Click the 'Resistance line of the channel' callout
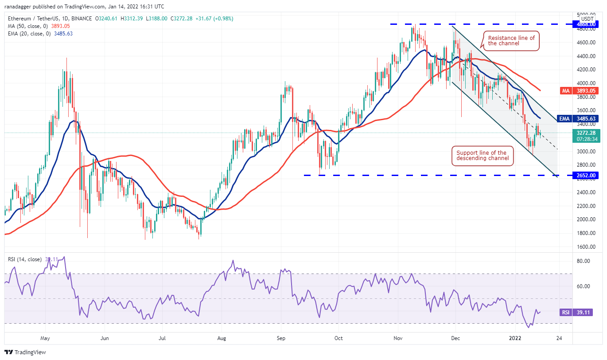[x=511, y=40]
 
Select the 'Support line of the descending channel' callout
[x=481, y=156]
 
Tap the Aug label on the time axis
[x=222, y=338]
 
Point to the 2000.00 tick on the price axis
[x=586, y=219]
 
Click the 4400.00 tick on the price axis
[x=586, y=56]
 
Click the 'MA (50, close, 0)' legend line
[x=39, y=26]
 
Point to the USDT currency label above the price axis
[x=587, y=19]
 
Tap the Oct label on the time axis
[x=339, y=338]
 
